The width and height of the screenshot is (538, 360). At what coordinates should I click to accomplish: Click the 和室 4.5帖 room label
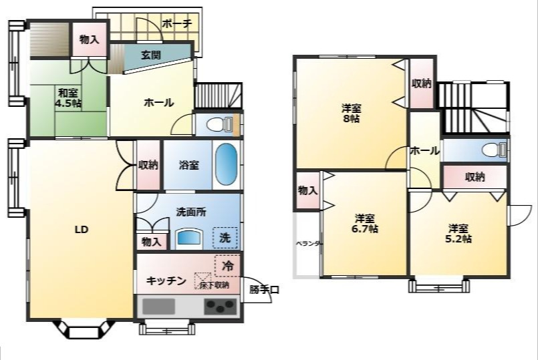point(69,98)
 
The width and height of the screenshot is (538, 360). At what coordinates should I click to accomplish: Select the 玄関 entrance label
point(150,55)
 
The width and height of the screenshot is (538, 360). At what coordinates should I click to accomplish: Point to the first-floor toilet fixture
point(218,124)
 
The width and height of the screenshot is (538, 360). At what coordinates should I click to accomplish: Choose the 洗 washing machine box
point(225,237)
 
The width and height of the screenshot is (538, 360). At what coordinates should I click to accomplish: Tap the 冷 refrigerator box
point(227,265)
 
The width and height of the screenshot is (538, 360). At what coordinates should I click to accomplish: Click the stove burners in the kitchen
point(221,307)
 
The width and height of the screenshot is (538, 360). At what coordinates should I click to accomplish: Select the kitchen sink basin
point(158,307)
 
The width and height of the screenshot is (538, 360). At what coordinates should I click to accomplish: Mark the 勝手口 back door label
point(264,289)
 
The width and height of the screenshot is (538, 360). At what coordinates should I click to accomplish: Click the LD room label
point(81,230)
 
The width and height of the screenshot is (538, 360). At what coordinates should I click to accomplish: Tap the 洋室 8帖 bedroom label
point(352,113)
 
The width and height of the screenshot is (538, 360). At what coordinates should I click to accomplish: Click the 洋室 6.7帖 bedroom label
point(365,223)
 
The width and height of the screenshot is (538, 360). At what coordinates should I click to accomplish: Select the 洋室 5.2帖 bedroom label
point(459,232)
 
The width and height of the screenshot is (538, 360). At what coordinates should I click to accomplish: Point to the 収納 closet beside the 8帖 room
point(421,83)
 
